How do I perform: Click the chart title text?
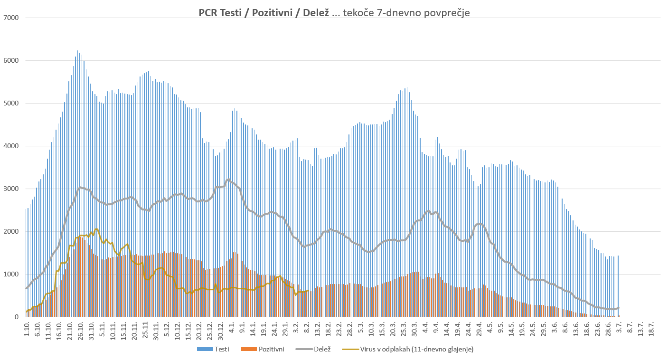click(334, 13)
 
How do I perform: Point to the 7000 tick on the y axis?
click(10, 18)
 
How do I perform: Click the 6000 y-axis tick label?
click(10, 61)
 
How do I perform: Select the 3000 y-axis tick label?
click(10, 189)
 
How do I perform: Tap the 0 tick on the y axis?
click(16, 317)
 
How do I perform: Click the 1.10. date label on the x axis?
click(27, 329)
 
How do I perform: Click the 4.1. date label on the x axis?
click(232, 329)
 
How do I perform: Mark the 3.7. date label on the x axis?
click(620, 329)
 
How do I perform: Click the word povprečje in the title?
click(447, 13)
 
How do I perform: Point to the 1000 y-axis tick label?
click(10, 275)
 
